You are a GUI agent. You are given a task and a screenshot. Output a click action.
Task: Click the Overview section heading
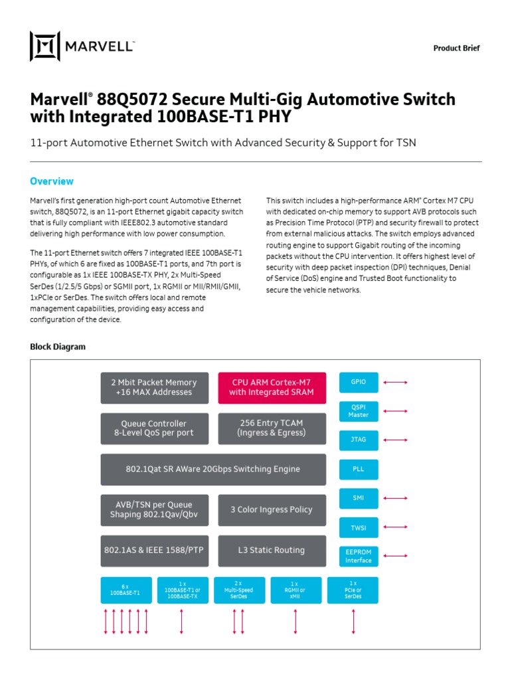click(x=52, y=181)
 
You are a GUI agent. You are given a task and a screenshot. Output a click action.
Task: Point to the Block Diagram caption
click(x=58, y=347)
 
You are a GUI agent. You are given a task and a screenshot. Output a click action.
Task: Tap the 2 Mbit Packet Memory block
click(x=153, y=387)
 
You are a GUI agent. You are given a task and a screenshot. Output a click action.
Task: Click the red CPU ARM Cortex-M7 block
click(x=272, y=387)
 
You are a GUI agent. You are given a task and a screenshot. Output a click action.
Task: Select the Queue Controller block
click(x=153, y=428)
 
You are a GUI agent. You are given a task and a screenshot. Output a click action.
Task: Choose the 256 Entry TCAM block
click(x=272, y=428)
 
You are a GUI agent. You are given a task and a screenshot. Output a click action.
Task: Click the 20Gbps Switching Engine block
click(x=212, y=469)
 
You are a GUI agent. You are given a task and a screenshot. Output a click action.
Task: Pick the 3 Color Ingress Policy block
click(x=272, y=510)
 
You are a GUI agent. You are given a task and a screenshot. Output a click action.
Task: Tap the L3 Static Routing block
click(x=272, y=551)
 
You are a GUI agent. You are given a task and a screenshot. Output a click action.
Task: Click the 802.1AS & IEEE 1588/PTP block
click(x=153, y=551)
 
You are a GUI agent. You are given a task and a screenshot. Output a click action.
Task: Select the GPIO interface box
click(x=359, y=382)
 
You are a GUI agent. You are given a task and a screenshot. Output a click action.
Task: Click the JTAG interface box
click(x=359, y=440)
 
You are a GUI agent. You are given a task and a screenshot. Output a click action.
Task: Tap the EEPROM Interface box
click(x=359, y=556)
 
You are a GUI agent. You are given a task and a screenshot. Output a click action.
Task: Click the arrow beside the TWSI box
click(x=394, y=527)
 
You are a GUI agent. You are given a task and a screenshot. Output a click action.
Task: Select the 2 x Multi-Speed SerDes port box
click(x=238, y=590)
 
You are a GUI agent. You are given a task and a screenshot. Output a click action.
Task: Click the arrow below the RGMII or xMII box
click(x=296, y=621)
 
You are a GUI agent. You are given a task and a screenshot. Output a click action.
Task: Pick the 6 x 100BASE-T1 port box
click(x=126, y=590)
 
